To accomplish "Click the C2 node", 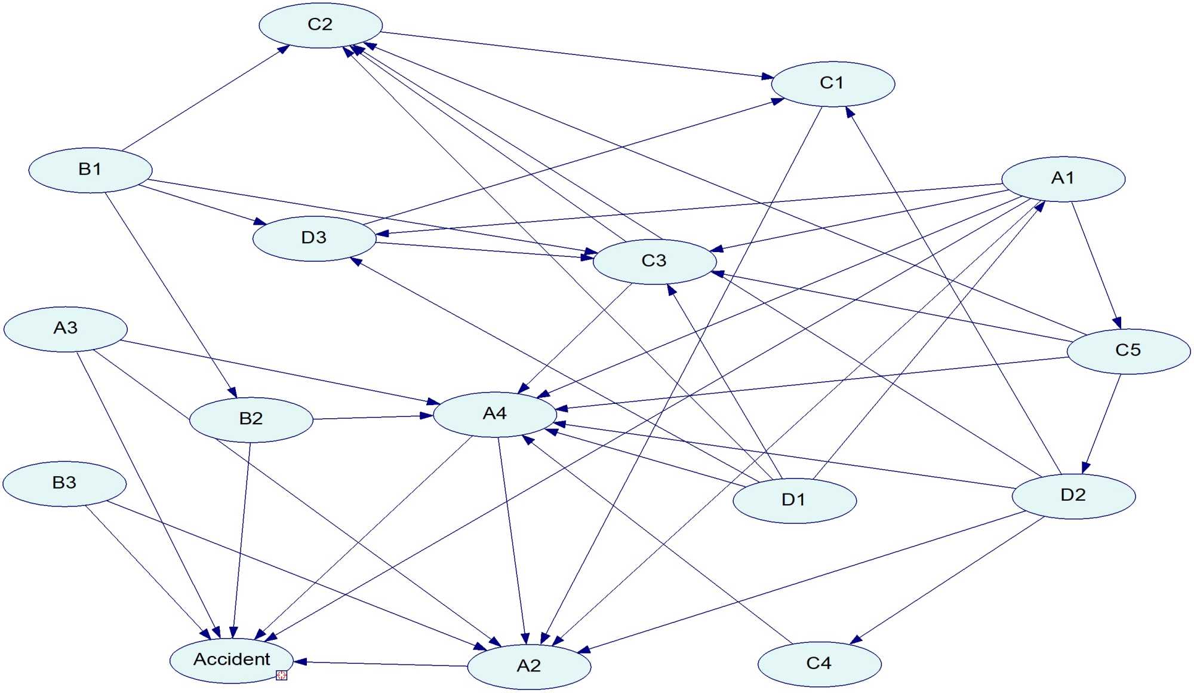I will click(x=321, y=25).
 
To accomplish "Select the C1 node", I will click(x=833, y=84).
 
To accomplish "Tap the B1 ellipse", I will click(x=90, y=170).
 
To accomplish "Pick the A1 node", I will click(x=1063, y=179).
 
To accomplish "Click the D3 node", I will click(x=314, y=238).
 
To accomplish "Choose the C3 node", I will click(x=654, y=261).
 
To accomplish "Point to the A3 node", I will click(x=66, y=329).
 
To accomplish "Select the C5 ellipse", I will click(x=1128, y=351).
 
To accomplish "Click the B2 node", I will click(x=251, y=419).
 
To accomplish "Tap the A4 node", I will click(x=495, y=414).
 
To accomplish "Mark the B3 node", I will click(x=64, y=483).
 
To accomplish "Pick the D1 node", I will click(x=794, y=500).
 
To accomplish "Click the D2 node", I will click(x=1073, y=495).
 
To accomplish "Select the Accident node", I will click(x=232, y=660).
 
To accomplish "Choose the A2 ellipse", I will click(x=529, y=666).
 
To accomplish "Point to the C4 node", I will click(x=819, y=664).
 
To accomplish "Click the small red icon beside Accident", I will click(x=282, y=675).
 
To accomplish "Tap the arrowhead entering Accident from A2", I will click(x=300, y=662).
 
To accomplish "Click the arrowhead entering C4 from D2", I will click(x=856, y=640).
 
